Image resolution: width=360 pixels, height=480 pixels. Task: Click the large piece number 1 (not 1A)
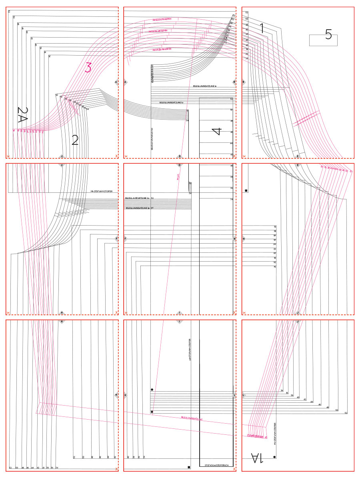262,28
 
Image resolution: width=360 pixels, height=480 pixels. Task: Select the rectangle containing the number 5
324,40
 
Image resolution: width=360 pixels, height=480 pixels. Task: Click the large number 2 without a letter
75,140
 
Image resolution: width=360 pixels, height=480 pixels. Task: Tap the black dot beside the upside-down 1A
274,456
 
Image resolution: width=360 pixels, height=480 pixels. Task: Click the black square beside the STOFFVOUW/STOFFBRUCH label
189,467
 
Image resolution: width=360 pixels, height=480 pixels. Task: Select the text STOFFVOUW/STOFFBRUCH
216,466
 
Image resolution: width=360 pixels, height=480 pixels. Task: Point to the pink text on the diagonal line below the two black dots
192,418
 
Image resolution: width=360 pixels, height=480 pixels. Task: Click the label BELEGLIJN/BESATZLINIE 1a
205,86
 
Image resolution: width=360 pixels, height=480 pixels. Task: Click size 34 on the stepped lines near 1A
282,390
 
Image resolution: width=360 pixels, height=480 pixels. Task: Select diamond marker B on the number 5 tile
243,82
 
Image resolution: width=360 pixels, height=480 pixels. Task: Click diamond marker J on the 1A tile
298,322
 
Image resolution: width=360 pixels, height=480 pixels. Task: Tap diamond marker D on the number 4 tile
180,156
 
